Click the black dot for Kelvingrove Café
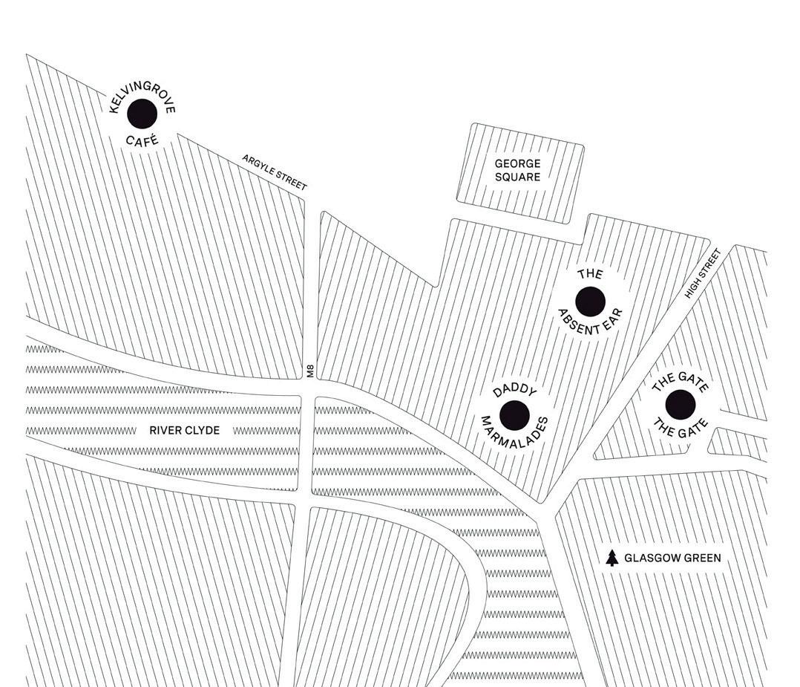coord(142,114)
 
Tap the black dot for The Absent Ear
coord(591,302)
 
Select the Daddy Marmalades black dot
coord(514,415)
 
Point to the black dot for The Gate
coord(680,405)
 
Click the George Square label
coord(518,170)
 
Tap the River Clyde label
coord(185,430)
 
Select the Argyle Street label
coord(274,172)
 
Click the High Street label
coord(702,274)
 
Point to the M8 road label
coord(310,371)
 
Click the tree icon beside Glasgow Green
coord(612,558)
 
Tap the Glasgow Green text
coord(672,558)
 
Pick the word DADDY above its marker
coord(514,390)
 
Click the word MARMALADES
coord(515,442)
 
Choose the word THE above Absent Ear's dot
coord(590,275)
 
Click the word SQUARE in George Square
coord(518,177)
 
